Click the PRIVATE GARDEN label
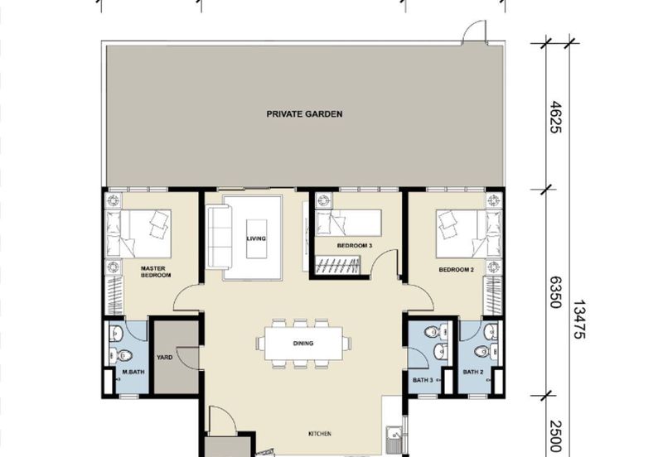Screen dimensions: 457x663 tap(304, 114)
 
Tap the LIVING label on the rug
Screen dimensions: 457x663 tap(256, 238)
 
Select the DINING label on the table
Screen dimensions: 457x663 tap(302, 343)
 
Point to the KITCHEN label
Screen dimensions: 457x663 tap(319, 433)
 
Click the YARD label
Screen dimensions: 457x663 tap(164, 358)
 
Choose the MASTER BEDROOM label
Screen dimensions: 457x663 tap(155, 272)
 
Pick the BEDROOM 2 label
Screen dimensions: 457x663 tap(455, 271)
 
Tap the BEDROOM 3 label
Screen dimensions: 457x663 tap(355, 246)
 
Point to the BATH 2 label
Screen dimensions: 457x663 tap(473, 372)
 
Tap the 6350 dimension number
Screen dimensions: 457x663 tap(556, 291)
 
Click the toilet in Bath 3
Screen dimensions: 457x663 tap(429, 333)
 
